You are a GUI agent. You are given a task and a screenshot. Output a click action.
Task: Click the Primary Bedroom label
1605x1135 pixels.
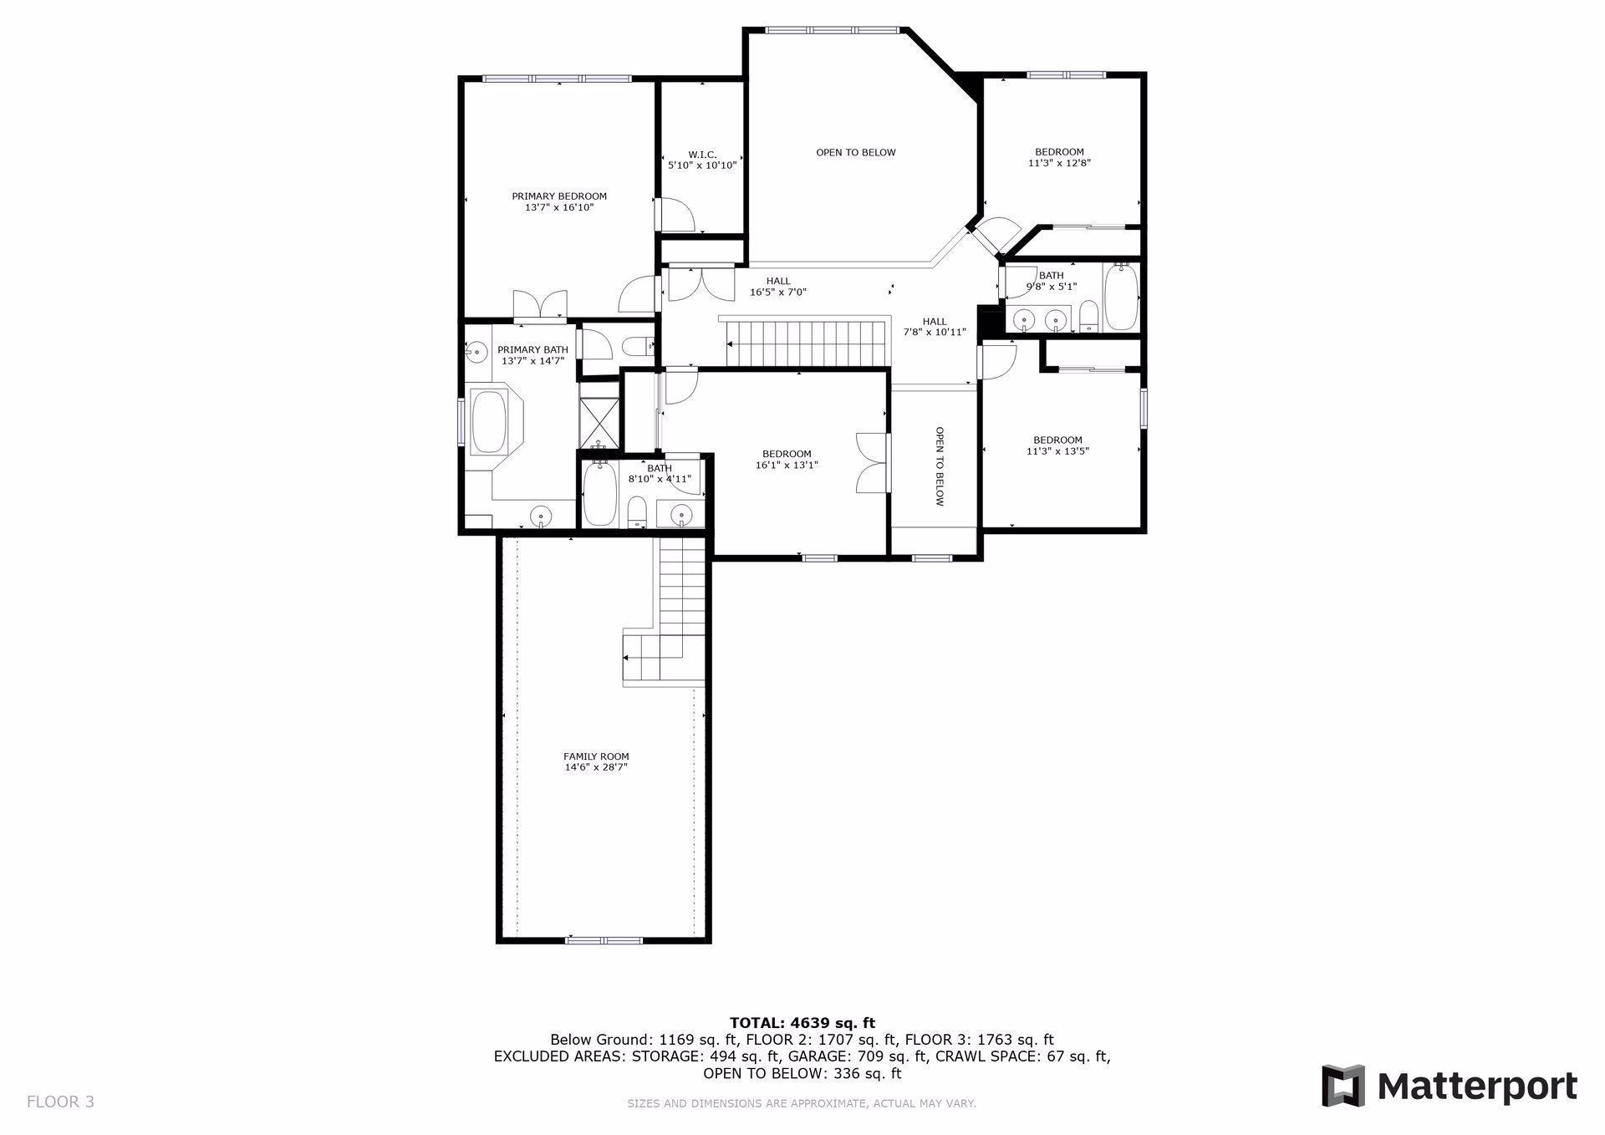click(x=559, y=201)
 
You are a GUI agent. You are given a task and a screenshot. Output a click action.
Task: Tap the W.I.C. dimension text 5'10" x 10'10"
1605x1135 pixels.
click(x=702, y=165)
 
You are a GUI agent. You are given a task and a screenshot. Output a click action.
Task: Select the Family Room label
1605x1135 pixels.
click(x=595, y=761)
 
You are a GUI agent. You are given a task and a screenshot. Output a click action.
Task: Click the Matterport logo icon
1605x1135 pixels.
click(x=1343, y=1086)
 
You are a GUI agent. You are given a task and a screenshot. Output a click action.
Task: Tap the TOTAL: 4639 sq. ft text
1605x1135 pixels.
click(x=802, y=1023)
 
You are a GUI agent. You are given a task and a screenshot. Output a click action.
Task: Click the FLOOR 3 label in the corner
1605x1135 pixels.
click(x=60, y=1102)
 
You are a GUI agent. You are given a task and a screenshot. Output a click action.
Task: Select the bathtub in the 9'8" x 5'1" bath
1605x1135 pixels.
click(x=1121, y=298)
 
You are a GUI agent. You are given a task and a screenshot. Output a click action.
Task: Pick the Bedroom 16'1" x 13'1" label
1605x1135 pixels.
click(x=787, y=460)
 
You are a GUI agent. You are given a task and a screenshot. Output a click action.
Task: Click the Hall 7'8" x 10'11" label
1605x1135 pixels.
click(x=935, y=327)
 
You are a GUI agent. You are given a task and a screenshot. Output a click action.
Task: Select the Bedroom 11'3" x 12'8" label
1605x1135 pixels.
click(x=1059, y=157)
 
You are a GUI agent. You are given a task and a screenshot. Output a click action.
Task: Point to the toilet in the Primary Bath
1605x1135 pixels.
click(x=639, y=344)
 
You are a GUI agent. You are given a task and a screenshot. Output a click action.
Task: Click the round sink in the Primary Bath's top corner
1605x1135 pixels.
click(x=476, y=352)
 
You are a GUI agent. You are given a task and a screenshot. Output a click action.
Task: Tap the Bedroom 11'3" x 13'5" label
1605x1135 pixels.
click(x=1057, y=445)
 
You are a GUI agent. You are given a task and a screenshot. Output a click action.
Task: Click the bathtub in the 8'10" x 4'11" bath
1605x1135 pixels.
click(x=599, y=495)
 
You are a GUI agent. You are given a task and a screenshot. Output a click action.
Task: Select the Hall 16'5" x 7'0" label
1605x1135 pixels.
click(x=777, y=287)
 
